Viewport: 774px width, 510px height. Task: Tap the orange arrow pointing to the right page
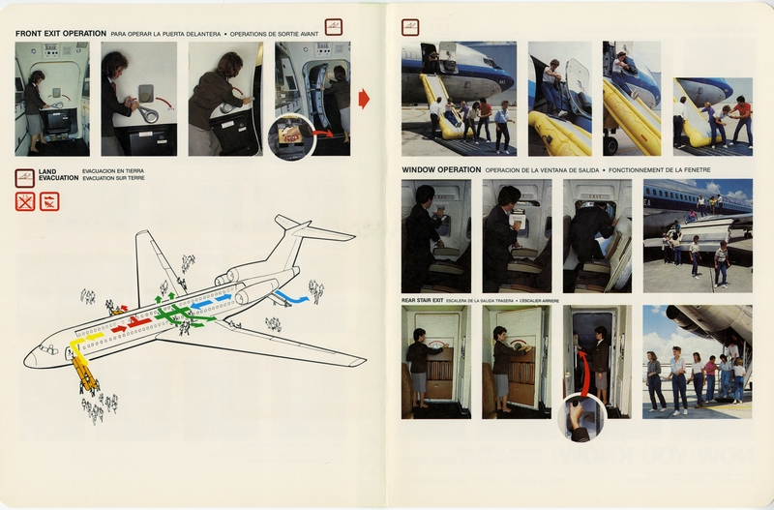(x=364, y=99)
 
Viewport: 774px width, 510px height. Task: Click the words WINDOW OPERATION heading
(x=441, y=169)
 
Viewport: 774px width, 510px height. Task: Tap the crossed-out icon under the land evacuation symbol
(x=26, y=201)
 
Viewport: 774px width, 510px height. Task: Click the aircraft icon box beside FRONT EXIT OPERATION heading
(x=334, y=27)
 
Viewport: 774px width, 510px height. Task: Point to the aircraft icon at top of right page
(x=410, y=27)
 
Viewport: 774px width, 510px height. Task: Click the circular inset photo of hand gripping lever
(x=581, y=417)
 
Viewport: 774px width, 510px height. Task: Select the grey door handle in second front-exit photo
(x=146, y=94)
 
